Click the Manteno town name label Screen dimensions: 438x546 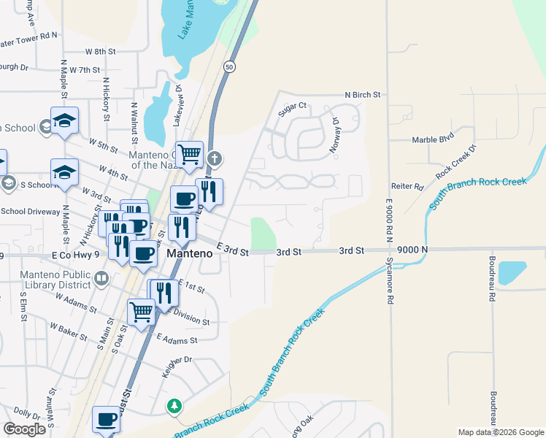coord(190,253)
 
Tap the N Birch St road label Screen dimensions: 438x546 coord(363,95)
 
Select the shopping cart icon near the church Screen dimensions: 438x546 coord(190,153)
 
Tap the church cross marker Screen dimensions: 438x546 coord(214,158)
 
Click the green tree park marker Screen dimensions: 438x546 coord(174,406)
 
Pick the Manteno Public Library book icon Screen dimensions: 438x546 coord(101,277)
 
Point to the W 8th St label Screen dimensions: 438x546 coord(101,52)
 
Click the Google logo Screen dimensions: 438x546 coord(24,429)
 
